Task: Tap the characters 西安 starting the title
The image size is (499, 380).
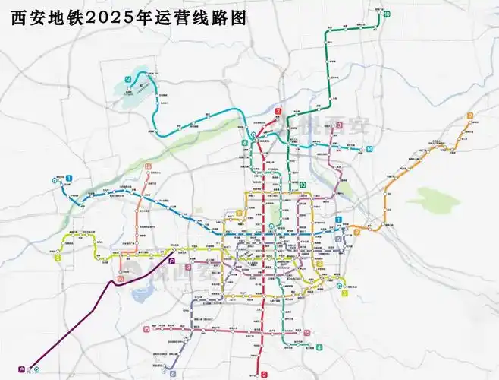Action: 27,16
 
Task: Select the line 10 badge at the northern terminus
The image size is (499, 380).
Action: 387,14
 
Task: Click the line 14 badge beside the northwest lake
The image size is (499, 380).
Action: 129,80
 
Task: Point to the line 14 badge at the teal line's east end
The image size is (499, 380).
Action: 369,148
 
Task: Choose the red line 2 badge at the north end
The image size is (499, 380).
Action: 278,112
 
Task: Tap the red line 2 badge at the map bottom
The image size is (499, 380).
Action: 264,375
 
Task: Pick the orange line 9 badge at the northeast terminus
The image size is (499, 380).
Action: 471,116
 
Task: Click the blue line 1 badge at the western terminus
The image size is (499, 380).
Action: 68,178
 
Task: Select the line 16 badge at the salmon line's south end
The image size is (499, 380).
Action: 121,279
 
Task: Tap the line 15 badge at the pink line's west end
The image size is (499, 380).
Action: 146,329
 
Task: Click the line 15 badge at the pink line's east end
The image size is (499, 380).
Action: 306,332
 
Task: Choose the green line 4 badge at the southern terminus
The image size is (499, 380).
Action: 319,347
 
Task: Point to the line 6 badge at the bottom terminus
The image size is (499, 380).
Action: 173,373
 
